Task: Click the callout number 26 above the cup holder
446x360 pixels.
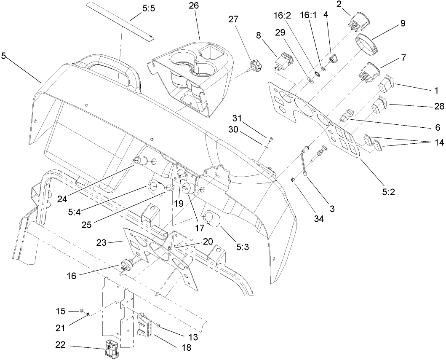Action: (x=194, y=6)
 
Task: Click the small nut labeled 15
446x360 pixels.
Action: (x=81, y=311)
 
